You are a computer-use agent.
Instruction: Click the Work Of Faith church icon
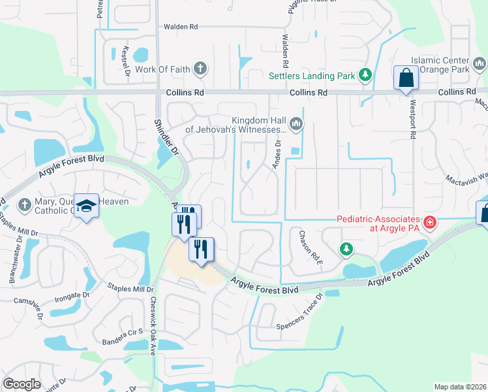[200, 69]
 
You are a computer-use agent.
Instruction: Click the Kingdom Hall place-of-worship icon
[296, 123]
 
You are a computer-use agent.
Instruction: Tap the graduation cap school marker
[86, 206]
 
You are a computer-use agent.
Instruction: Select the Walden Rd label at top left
[180, 27]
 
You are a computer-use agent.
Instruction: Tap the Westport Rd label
[412, 118]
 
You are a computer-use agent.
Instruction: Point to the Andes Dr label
[277, 154]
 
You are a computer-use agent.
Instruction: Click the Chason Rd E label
[310, 242]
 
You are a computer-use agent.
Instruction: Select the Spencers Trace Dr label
[299, 312]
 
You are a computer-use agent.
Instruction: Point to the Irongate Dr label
[71, 295]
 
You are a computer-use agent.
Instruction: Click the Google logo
[22, 384]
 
